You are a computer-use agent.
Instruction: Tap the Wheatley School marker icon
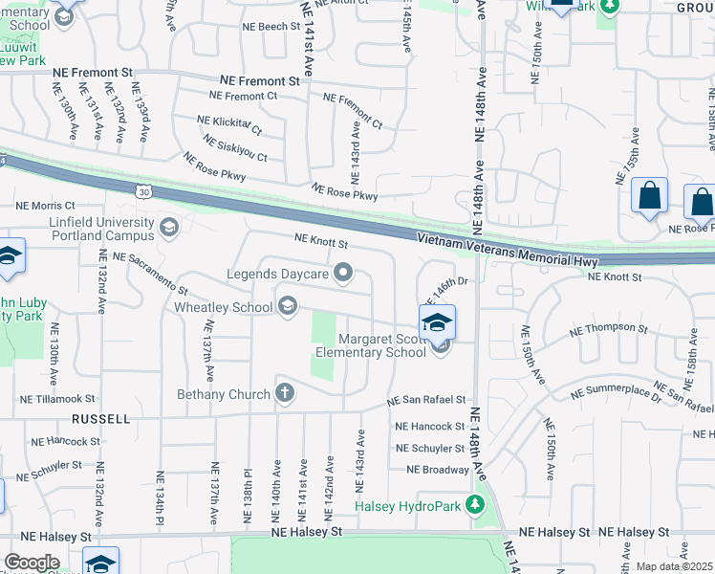[x=286, y=307]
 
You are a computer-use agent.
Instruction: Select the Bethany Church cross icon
[x=285, y=393]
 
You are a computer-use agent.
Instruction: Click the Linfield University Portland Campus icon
[x=169, y=227]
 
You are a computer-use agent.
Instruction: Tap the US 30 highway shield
[x=143, y=191]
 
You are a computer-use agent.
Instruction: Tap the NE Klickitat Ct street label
[x=228, y=125]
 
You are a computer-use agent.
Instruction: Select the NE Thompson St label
[x=608, y=329]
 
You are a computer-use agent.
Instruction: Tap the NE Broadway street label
[x=438, y=470]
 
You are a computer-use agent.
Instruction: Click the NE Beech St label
[x=271, y=28]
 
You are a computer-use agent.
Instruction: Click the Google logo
[x=32, y=563]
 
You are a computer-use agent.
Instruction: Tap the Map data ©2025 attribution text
[x=674, y=566]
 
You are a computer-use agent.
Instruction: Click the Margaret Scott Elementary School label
[x=371, y=345]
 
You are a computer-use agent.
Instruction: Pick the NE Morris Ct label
[x=45, y=206]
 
